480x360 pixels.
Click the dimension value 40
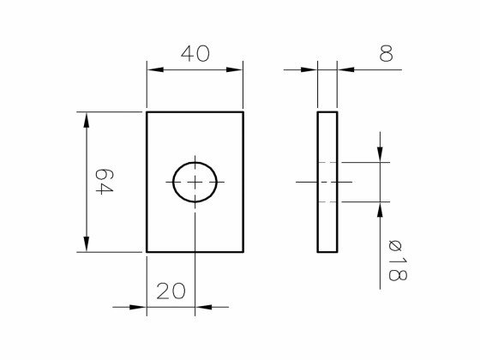195,54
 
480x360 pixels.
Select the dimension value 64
103,182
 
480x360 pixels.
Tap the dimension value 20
171,291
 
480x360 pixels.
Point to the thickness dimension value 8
386,54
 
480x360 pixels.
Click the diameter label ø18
396,261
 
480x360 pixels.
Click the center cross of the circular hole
195,182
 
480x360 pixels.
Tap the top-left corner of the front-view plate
147,112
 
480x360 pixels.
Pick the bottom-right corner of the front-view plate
243,252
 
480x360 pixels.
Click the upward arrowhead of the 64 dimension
86,120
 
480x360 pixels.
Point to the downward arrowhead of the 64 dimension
86,244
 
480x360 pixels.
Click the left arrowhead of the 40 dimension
155,70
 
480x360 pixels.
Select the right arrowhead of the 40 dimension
235,70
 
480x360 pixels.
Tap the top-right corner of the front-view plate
243,112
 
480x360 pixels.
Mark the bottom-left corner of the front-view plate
147,252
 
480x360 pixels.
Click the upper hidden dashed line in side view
327,162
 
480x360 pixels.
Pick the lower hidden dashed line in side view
327,202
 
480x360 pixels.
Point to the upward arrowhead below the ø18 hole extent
379,211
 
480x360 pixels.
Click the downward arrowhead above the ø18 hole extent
379,153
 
